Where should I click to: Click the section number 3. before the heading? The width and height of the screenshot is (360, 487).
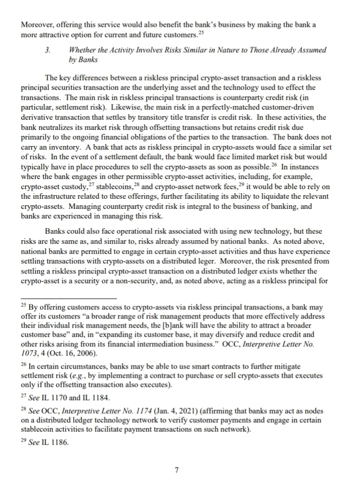(48, 50)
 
